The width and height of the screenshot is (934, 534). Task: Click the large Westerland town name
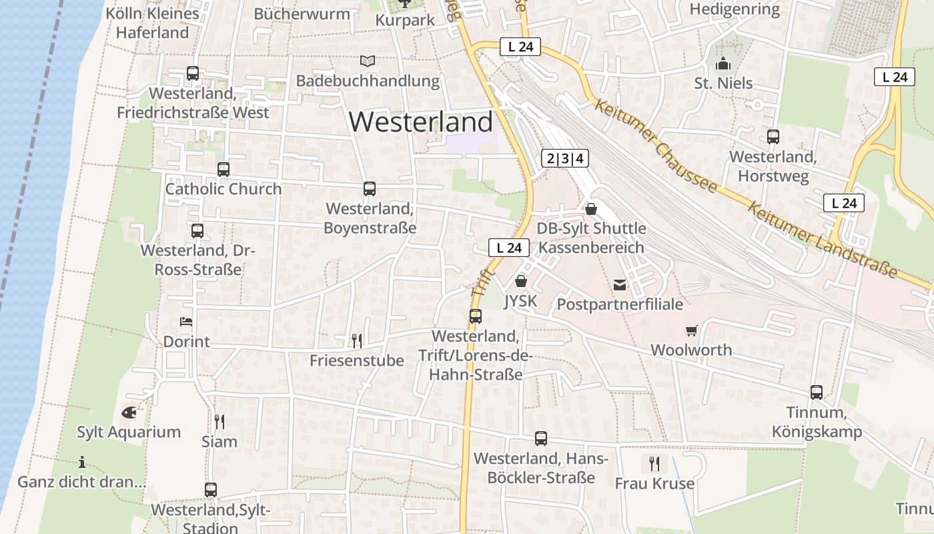pyautogui.click(x=421, y=122)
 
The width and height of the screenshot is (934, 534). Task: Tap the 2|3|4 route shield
pyautogui.click(x=564, y=158)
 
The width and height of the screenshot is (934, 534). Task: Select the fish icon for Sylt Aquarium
pyautogui.click(x=129, y=413)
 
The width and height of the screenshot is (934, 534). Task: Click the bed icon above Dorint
pyautogui.click(x=187, y=322)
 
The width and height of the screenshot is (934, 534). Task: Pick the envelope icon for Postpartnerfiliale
pyautogui.click(x=620, y=285)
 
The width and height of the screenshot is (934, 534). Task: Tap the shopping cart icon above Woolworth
pyautogui.click(x=691, y=330)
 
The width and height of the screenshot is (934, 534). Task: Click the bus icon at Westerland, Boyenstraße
pyautogui.click(x=370, y=189)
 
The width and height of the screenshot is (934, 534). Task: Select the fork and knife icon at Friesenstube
pyautogui.click(x=357, y=341)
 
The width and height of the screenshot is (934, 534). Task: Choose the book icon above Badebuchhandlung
pyautogui.click(x=368, y=61)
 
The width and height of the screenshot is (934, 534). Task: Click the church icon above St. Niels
pyautogui.click(x=723, y=64)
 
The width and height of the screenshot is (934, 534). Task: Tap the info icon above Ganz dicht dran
pyautogui.click(x=82, y=462)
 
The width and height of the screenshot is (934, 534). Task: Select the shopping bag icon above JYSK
pyautogui.click(x=521, y=281)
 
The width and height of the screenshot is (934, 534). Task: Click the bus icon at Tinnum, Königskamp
pyautogui.click(x=817, y=392)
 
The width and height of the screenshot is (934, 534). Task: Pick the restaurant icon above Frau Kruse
pyautogui.click(x=654, y=463)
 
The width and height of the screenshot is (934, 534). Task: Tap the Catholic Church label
pyautogui.click(x=223, y=189)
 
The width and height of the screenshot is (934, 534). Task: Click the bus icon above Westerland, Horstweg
pyautogui.click(x=773, y=137)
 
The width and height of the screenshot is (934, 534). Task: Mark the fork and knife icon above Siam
pyautogui.click(x=219, y=421)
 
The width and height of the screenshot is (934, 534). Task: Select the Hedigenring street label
pyautogui.click(x=735, y=9)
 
